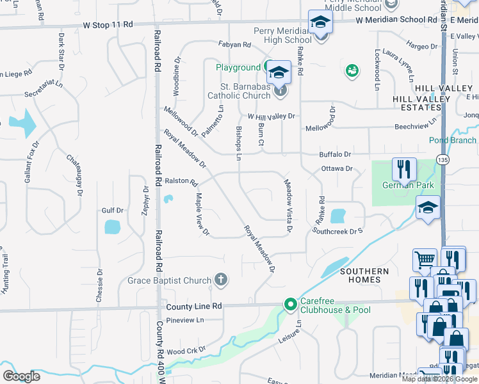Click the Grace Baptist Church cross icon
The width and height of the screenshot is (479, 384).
[x=221, y=280]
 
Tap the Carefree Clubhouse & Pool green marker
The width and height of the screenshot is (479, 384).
[x=291, y=305]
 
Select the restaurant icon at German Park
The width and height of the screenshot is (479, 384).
[x=404, y=169]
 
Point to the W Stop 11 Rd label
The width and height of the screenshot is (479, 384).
[x=108, y=24]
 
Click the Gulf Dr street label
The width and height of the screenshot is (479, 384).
[x=112, y=210]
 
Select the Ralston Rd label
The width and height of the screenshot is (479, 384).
[x=182, y=182]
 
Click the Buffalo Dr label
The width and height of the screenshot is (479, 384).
[x=336, y=154]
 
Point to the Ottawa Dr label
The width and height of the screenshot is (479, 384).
[x=337, y=169]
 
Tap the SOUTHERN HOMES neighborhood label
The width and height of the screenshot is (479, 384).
[x=364, y=276]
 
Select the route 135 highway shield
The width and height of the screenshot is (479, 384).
[x=442, y=159]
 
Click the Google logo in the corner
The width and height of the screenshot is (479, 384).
[x=21, y=376]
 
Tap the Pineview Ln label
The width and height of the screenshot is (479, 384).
[x=184, y=320]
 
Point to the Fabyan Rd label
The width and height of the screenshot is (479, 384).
[x=234, y=45]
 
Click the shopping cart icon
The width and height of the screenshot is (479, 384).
[x=422, y=260]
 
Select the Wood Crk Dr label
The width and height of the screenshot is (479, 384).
[x=186, y=351]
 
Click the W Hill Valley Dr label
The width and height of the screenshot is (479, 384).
[x=272, y=116]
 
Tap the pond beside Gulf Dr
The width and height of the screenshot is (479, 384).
[x=112, y=227]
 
